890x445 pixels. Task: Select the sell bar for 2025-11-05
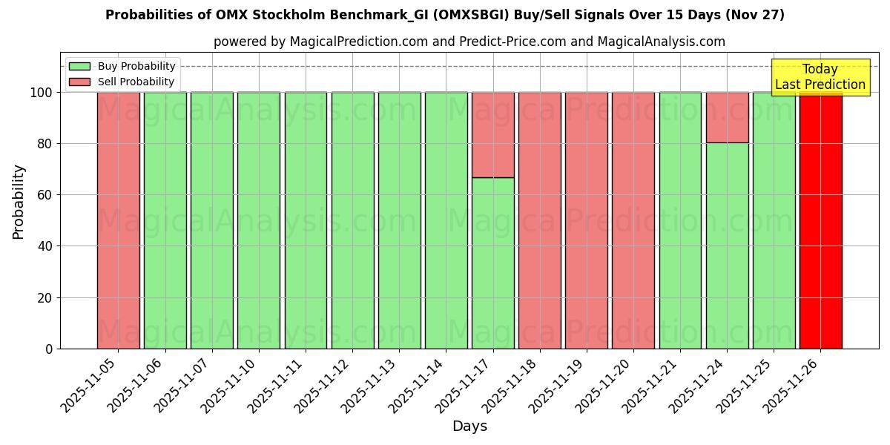click(x=118, y=220)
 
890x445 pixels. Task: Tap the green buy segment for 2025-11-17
click(x=492, y=263)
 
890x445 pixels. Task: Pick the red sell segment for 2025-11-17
click(x=492, y=135)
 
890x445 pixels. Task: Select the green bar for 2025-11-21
click(x=680, y=220)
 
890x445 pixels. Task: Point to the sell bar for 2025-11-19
click(x=586, y=220)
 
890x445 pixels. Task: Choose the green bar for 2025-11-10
click(x=258, y=220)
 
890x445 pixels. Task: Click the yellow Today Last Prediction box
click(x=820, y=77)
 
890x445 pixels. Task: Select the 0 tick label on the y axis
click(x=49, y=349)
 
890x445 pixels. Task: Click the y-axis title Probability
click(x=19, y=202)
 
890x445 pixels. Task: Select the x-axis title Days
click(x=469, y=426)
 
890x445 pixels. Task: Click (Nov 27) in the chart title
click(x=754, y=15)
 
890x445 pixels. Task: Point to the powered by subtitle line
click(x=469, y=42)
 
